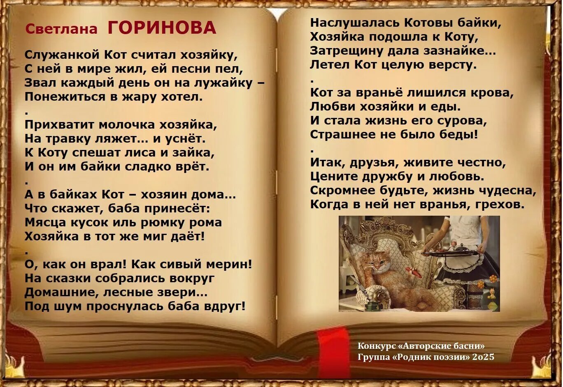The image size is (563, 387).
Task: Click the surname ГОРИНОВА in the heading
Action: click(x=162, y=28)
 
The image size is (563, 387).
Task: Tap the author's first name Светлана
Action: click(x=61, y=29)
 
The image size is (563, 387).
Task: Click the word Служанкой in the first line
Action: click(x=62, y=55)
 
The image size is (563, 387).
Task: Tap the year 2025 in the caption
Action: click(x=483, y=357)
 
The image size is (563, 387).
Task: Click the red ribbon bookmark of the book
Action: click(x=334, y=349)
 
